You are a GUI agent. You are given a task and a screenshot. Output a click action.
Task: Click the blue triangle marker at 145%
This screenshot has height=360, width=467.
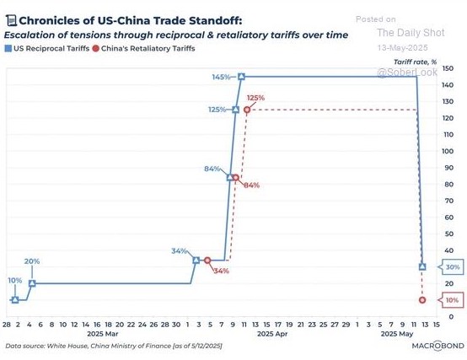(x=242, y=77)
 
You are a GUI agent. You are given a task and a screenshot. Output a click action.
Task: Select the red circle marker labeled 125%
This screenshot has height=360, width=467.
(x=247, y=110)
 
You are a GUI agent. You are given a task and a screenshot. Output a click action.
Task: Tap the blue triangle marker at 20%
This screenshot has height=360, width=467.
(x=32, y=283)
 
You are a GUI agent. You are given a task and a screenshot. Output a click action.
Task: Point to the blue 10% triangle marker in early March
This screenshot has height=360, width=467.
(x=15, y=300)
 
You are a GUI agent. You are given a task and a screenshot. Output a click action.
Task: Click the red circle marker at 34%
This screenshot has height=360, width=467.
(x=207, y=261)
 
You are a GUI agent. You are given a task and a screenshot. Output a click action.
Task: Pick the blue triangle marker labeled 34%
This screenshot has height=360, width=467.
(x=196, y=261)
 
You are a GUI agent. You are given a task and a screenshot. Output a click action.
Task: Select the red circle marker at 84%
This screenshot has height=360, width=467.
(x=235, y=178)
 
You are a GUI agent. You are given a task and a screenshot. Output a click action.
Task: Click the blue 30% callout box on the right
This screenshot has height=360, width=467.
(x=451, y=267)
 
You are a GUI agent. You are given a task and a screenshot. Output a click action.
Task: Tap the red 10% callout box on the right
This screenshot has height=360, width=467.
(x=451, y=300)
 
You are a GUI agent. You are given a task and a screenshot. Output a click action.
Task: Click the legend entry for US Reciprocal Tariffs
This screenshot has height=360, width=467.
(x=47, y=49)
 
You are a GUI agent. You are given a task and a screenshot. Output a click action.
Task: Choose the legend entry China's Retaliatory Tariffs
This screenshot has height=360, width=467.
(x=144, y=49)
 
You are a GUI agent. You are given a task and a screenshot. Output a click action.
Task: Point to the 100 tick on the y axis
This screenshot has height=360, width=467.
(x=447, y=151)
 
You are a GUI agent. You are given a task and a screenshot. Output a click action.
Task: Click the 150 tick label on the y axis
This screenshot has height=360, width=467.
(x=448, y=68)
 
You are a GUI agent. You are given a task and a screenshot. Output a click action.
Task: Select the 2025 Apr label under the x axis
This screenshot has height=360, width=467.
(x=272, y=334)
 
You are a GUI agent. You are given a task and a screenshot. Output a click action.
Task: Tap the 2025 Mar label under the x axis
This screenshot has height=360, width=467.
(x=103, y=334)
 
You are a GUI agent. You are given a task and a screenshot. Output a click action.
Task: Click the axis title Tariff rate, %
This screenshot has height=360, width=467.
(x=415, y=62)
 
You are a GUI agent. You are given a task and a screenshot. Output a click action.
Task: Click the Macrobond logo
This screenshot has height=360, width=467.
(x=437, y=346)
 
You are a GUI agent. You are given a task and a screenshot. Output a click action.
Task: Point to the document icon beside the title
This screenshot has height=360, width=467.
(x=11, y=21)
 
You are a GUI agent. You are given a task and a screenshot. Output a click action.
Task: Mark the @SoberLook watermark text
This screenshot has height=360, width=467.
(x=407, y=72)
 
